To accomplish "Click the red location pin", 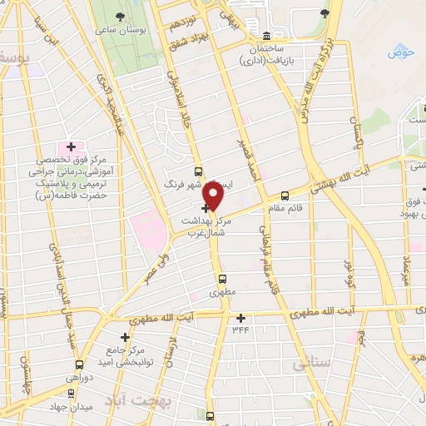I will coord(214,195).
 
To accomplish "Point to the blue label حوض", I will coord(401,53).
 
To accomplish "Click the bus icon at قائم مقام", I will coord(285,196).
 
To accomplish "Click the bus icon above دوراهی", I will coord(79,364).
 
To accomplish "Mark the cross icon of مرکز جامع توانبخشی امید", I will coord(125,337).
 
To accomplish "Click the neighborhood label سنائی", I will coord(312,364).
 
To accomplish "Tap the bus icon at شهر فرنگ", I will coord(198,169).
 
